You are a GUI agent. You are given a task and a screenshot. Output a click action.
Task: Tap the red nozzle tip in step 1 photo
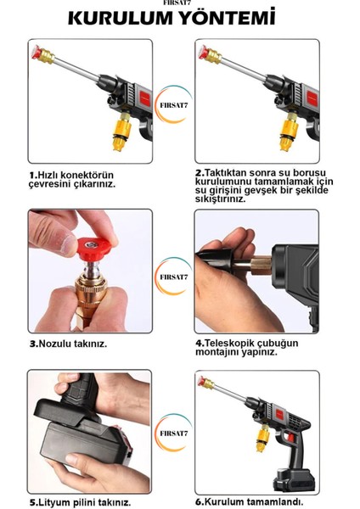(37, 53)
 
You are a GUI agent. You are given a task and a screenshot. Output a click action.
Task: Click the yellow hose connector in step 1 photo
(122, 131)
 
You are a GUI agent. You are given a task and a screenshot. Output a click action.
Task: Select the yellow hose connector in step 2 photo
(289, 131)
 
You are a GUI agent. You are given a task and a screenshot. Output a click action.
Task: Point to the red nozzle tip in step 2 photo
(203, 53)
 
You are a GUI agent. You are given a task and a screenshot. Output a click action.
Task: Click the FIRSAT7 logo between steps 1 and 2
(173, 104)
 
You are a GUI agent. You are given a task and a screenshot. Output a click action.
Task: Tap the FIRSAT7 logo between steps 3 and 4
(173, 277)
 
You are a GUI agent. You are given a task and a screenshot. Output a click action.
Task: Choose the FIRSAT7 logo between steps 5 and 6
(173, 433)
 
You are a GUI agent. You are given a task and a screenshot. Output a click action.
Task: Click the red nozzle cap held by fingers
(93, 249)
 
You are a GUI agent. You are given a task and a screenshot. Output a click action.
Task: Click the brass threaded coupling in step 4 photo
(261, 266)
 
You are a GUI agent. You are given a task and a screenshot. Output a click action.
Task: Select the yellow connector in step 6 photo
(262, 439)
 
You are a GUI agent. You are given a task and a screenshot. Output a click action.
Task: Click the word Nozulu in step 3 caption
(54, 344)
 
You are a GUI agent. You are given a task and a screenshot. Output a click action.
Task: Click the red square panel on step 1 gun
(145, 98)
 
